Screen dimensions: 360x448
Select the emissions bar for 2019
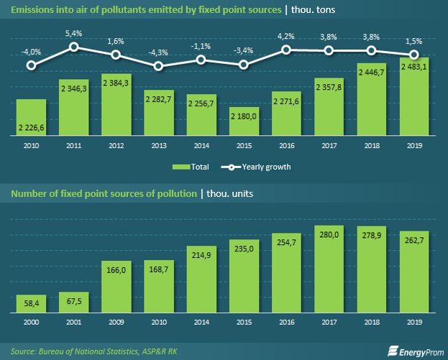(414, 96)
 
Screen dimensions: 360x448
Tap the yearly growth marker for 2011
(74, 47)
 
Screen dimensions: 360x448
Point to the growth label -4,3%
(158, 52)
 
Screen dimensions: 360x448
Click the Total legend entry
(191, 166)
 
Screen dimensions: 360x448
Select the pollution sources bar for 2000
(30, 304)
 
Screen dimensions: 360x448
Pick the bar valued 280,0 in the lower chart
(329, 269)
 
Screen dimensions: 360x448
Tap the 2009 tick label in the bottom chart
(116, 322)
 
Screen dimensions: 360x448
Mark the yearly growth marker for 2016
(286, 50)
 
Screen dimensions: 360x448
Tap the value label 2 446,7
(372, 73)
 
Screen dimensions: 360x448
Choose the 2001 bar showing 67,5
(73, 302)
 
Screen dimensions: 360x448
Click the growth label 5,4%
(74, 33)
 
